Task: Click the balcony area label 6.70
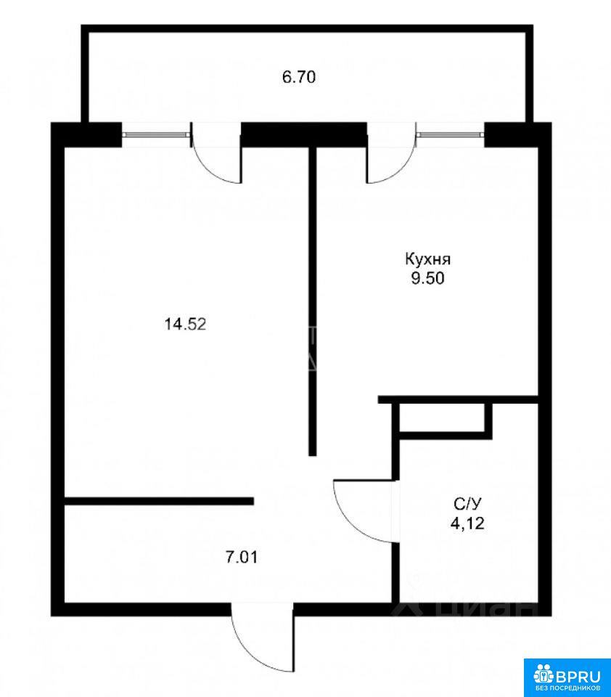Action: tap(299, 78)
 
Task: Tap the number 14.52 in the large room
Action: tap(185, 324)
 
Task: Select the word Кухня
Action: tap(427, 259)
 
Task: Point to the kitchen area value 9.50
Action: tap(427, 279)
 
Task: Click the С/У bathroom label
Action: tap(467, 504)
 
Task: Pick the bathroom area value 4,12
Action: tap(467, 523)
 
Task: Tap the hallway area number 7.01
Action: tap(242, 557)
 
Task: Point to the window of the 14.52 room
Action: tap(155, 134)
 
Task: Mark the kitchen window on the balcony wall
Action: tap(451, 134)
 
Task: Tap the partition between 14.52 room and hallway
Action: tap(159, 501)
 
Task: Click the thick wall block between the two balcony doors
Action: tap(304, 134)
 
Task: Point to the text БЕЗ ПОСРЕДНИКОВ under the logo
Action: tap(567, 690)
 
